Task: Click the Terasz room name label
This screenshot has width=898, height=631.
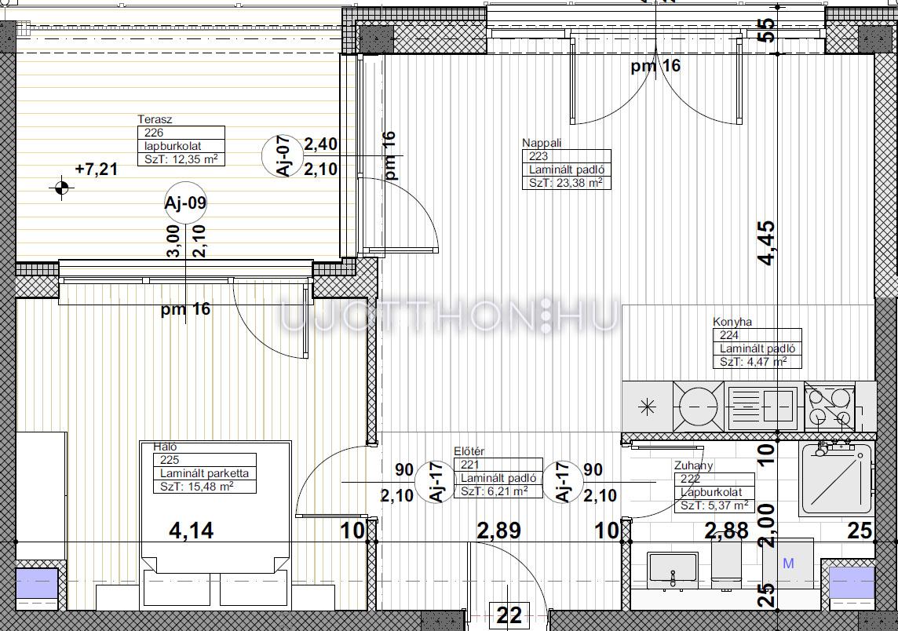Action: [155, 119]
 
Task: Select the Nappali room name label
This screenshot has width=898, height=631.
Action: [542, 143]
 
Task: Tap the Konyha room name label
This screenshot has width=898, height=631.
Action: [732, 322]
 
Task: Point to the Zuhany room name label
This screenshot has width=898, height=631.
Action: [694, 465]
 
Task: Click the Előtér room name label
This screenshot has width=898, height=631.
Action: [469, 451]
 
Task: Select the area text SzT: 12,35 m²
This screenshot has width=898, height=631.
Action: [181, 159]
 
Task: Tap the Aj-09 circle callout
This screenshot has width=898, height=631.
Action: [185, 202]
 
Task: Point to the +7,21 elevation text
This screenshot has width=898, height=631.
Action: [97, 169]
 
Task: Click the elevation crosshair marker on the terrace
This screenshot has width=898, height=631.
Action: [62, 188]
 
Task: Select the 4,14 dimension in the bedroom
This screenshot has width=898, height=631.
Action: [192, 531]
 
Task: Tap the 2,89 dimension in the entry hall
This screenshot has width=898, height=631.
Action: [498, 531]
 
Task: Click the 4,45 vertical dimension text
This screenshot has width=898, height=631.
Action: [767, 243]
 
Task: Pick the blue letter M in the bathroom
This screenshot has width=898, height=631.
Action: [788, 564]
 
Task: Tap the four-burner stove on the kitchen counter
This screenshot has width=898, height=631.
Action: [830, 407]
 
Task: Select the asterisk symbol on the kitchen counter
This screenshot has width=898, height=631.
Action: [647, 407]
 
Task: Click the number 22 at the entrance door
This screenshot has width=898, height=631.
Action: [509, 615]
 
